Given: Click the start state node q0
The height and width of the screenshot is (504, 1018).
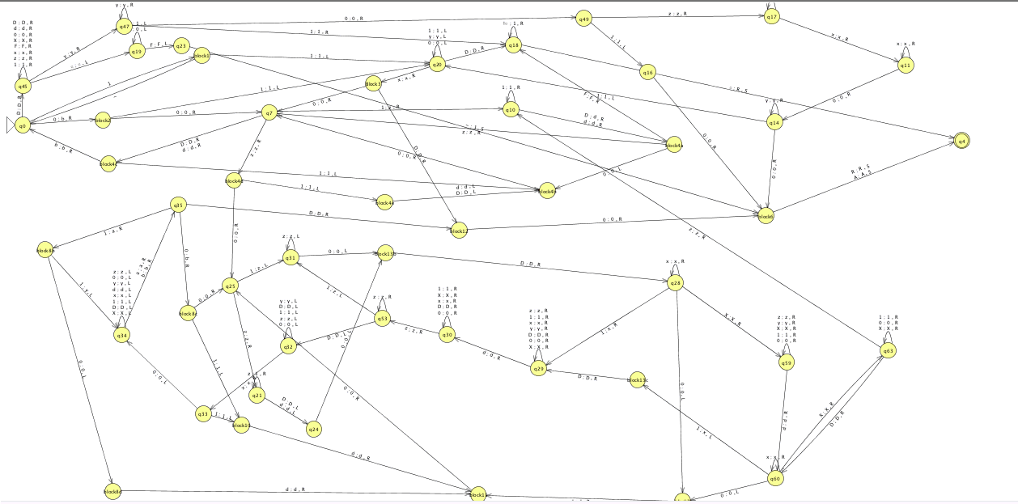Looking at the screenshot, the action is [23, 125].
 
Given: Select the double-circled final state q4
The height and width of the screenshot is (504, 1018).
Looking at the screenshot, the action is [961, 142].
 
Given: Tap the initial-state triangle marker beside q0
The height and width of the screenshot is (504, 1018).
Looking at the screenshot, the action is [10, 125].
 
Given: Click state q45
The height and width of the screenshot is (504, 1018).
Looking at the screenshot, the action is [23, 86].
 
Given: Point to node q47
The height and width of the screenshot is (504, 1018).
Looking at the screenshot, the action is [125, 27].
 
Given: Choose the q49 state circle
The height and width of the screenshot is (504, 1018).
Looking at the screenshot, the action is [583, 19].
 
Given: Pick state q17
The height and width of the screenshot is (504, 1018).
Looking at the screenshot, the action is [772, 16].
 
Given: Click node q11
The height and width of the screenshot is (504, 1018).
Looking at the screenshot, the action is [906, 65].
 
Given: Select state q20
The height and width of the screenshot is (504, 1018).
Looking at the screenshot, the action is [437, 64].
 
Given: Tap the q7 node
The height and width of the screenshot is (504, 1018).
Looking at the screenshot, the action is [269, 113].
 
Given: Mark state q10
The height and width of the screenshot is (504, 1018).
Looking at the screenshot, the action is [511, 109].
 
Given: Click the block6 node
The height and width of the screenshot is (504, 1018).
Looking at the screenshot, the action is [766, 216].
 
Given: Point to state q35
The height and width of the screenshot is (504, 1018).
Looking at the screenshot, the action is [179, 205].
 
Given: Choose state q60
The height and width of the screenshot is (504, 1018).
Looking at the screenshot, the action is [774, 479].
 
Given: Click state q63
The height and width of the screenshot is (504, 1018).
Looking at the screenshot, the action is [888, 351].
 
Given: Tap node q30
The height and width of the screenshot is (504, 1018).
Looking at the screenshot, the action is [446, 335].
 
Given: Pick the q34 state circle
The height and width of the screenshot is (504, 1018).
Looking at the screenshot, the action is [121, 335].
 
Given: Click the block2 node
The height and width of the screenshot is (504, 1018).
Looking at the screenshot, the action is [103, 121].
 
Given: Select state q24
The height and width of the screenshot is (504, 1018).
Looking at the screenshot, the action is [314, 429].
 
